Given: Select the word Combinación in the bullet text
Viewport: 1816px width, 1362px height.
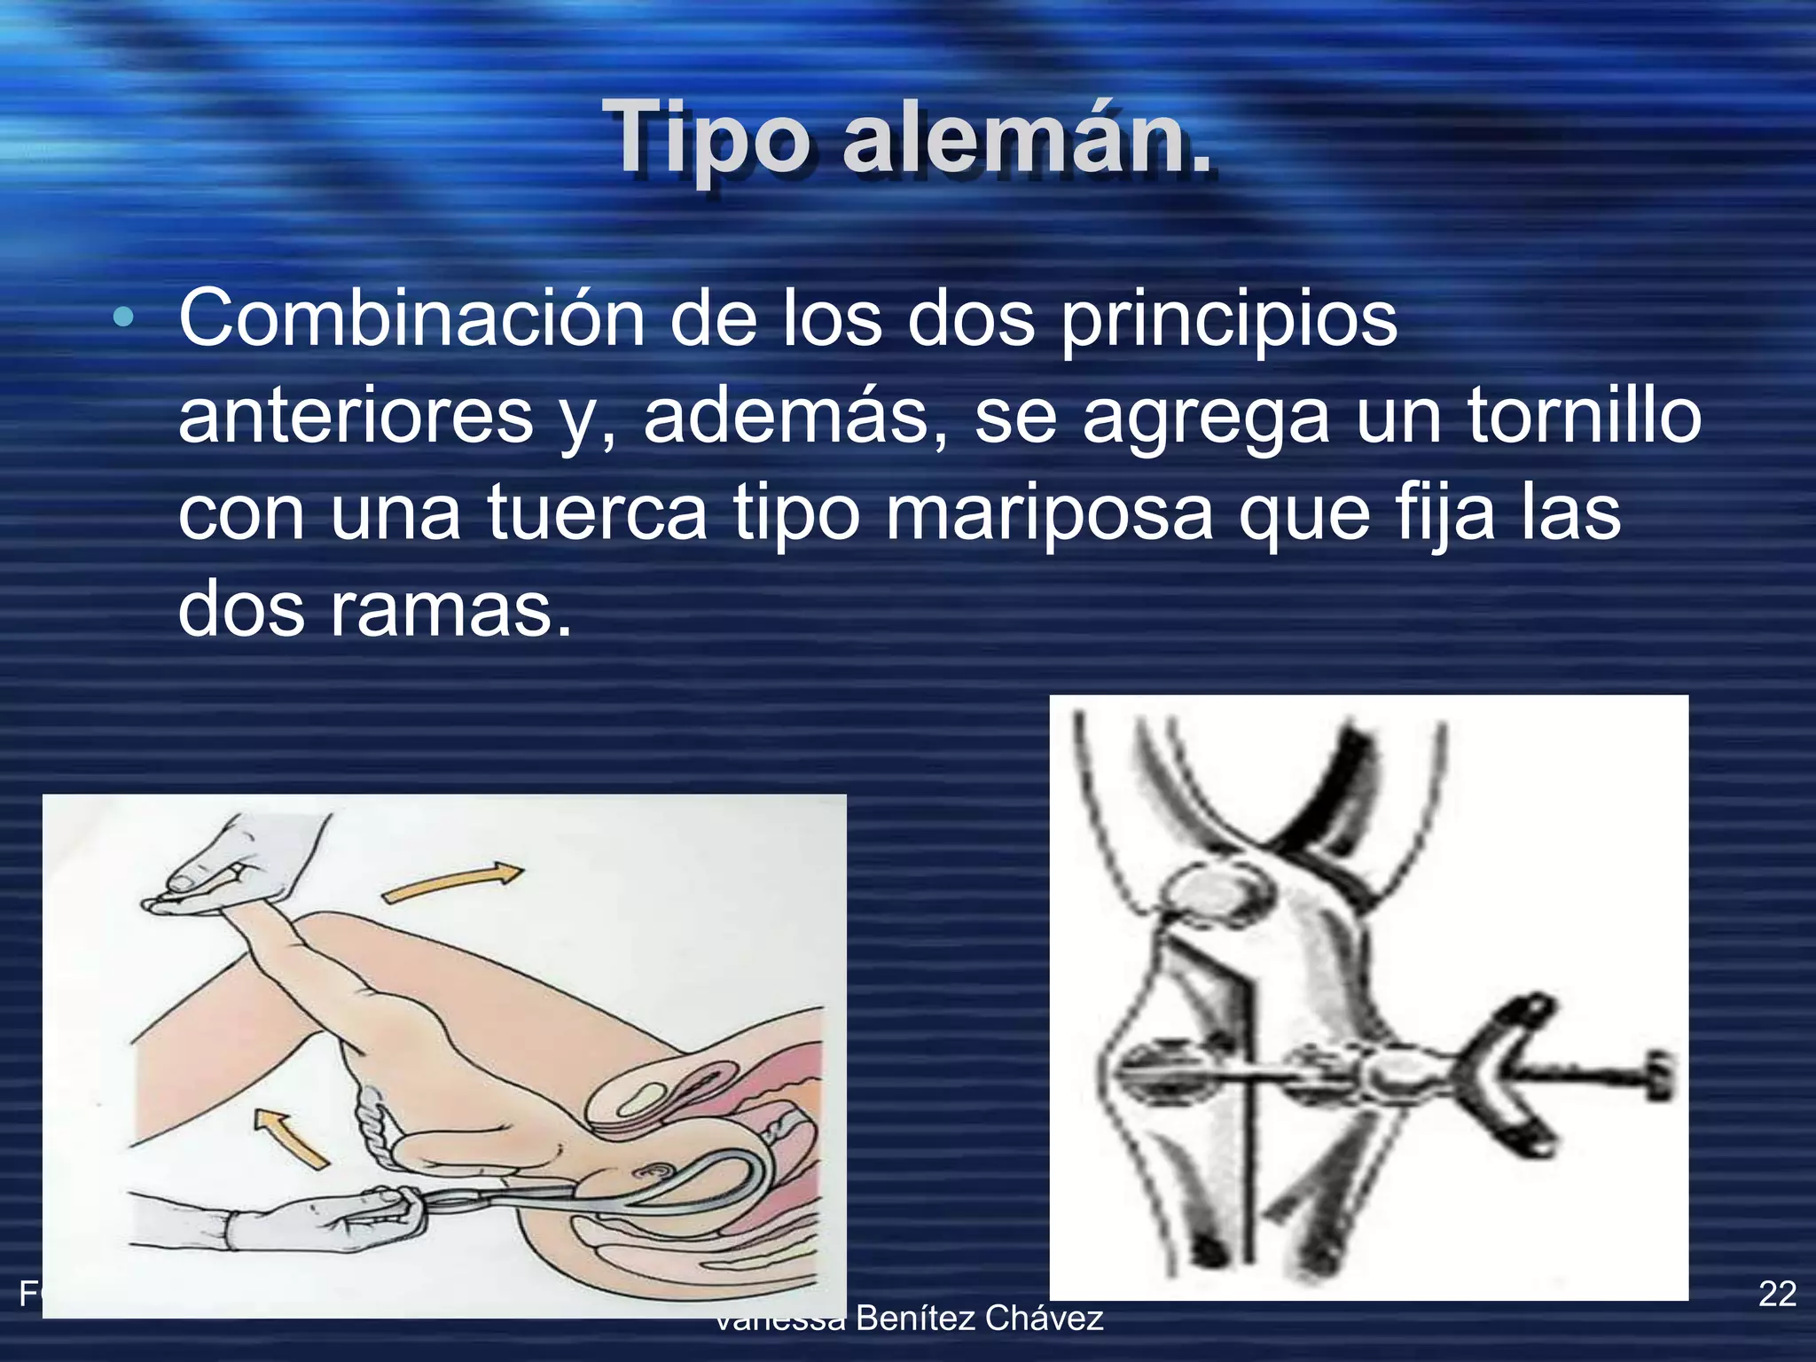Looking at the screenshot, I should [411, 318].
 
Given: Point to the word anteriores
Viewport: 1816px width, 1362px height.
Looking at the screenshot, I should [356, 416].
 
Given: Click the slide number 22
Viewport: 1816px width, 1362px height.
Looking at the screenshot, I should [1777, 1294].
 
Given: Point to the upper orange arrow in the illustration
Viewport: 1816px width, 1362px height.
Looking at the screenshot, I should [452, 882].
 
